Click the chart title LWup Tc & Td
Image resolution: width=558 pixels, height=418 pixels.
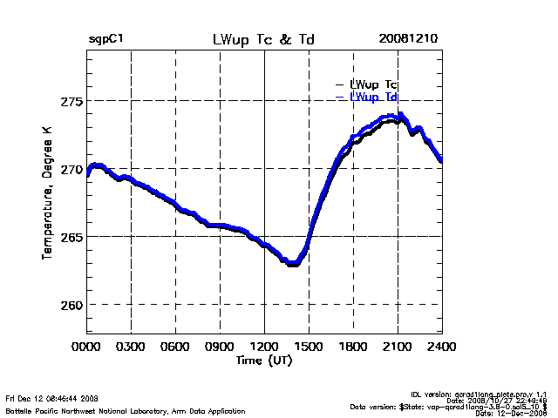[x=264, y=40]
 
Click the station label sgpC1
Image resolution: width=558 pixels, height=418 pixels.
[x=105, y=40]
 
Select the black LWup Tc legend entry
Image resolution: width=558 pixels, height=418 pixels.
[x=373, y=84]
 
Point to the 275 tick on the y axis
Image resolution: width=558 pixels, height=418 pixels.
[x=71, y=101]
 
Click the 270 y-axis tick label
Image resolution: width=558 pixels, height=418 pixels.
[x=71, y=169]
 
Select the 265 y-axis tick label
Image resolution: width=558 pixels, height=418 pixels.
[x=71, y=237]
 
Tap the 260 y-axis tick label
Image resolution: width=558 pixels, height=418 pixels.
[x=71, y=305]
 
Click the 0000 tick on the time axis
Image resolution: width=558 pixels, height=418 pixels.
[x=86, y=346]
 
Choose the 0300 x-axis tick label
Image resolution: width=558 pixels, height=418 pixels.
[x=131, y=346]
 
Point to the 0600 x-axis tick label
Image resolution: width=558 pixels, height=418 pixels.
[x=175, y=346]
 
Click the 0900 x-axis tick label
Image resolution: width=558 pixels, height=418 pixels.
[x=220, y=346]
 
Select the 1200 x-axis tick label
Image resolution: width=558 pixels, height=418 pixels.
[x=264, y=346]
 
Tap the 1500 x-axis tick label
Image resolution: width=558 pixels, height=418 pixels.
[x=309, y=346]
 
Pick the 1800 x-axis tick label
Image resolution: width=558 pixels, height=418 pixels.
[x=353, y=346]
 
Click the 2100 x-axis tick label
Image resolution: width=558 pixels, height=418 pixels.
[x=398, y=346]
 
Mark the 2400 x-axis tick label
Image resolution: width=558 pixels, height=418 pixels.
[x=442, y=346]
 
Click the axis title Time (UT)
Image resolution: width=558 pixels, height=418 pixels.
[x=264, y=359]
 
